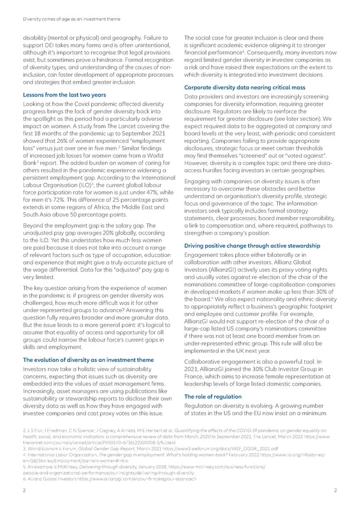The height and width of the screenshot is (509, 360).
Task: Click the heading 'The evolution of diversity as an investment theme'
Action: tap(87, 360)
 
